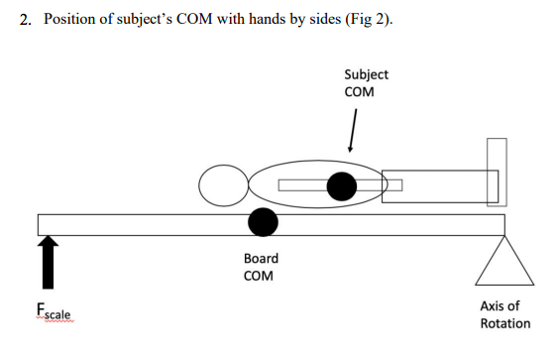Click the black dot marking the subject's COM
(x=342, y=185)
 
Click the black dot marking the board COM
(x=263, y=223)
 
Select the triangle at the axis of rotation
(x=505, y=263)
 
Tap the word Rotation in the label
(x=504, y=323)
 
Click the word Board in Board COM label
(x=261, y=258)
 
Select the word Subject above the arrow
(x=366, y=74)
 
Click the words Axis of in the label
(x=500, y=306)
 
